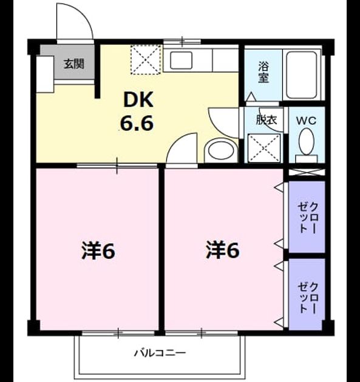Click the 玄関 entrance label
coord(74,64)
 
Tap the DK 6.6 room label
coord(137,111)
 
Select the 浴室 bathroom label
coord(263,72)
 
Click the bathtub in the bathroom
coord(302,75)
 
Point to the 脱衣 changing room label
coord(267,120)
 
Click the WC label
coord(306,121)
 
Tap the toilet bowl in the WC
coord(307,141)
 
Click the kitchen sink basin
coord(181,60)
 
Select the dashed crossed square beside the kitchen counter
coord(146,59)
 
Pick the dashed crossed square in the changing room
coord(265,148)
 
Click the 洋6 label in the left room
coord(98,250)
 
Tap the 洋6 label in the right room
coord(222,250)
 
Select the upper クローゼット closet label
coord(307,218)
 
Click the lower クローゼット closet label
coord(307,298)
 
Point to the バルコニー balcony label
coord(160,353)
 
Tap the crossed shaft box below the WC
coord(307,172)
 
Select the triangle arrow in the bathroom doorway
coord(251,96)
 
